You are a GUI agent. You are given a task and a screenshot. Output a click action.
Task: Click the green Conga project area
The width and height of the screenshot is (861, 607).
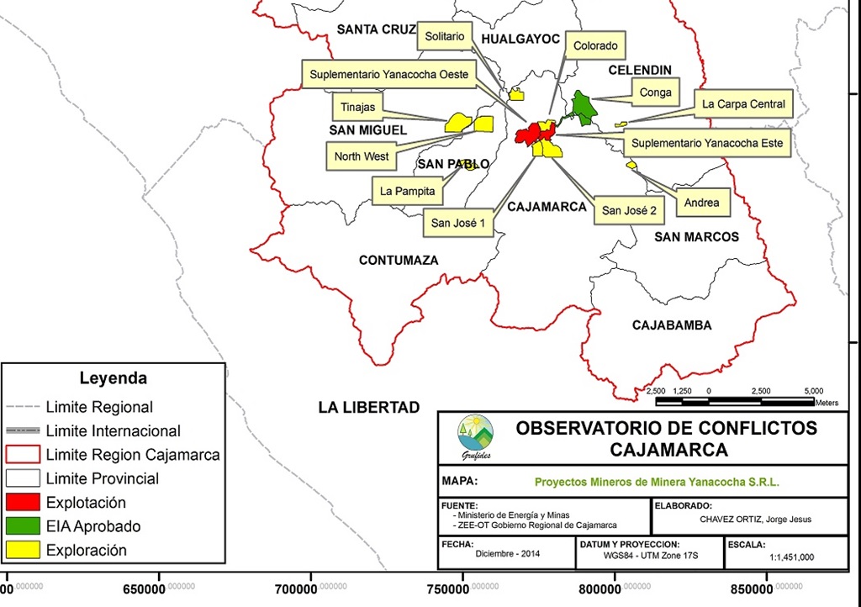coord(581,108)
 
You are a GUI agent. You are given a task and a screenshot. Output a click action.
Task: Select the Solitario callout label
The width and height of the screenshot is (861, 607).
coord(445,37)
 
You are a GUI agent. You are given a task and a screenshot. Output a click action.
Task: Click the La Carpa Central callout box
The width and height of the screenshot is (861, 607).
coord(743,104)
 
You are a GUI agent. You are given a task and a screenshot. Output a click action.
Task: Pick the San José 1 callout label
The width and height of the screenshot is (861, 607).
coord(458,223)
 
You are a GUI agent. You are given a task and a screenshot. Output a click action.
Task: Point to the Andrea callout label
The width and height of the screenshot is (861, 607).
coord(701,203)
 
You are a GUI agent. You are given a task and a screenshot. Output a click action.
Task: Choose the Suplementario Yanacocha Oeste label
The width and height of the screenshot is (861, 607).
coord(388,75)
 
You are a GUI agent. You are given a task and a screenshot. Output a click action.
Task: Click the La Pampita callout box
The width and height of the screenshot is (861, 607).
coord(407,191)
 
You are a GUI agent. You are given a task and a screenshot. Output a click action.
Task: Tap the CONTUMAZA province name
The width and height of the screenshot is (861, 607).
coord(399,261)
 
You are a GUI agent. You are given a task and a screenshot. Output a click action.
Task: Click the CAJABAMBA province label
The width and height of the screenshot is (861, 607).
coord(672,325)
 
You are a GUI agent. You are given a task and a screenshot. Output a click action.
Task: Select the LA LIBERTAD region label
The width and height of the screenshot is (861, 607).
coord(368,408)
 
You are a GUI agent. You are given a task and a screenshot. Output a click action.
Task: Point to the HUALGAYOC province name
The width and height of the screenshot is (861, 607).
coord(521,39)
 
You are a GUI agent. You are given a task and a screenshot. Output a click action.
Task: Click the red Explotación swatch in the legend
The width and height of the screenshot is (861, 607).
coord(23,503)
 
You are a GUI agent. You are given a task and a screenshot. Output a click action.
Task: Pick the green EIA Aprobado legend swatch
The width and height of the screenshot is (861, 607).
coord(23,526)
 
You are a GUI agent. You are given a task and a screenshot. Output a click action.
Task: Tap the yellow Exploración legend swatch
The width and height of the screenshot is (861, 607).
coord(23,551)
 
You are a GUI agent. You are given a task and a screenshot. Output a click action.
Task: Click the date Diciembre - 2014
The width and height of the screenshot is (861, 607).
coord(507,553)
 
